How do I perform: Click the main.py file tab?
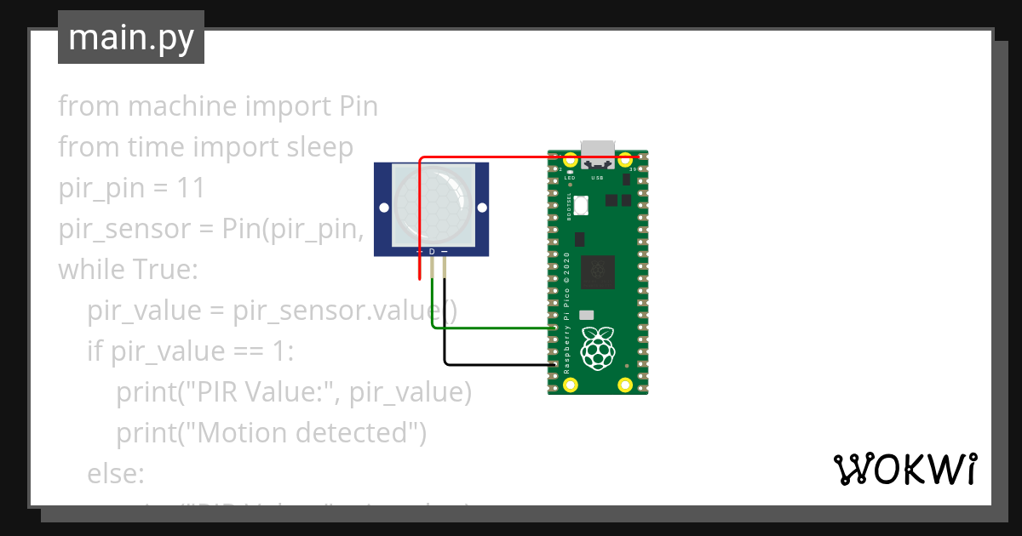tap(131, 37)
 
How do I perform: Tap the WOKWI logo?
tap(904, 469)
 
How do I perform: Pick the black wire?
tap(494, 365)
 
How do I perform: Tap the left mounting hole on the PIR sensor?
tap(384, 208)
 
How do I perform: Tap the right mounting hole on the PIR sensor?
tap(479, 208)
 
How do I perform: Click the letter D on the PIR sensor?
tap(432, 252)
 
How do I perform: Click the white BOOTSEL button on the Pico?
tap(582, 205)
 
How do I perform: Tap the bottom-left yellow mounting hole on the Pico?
tap(571, 384)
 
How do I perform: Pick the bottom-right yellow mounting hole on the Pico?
tap(625, 384)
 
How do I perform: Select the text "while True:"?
tap(128, 270)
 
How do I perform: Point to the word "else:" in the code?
tap(116, 474)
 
